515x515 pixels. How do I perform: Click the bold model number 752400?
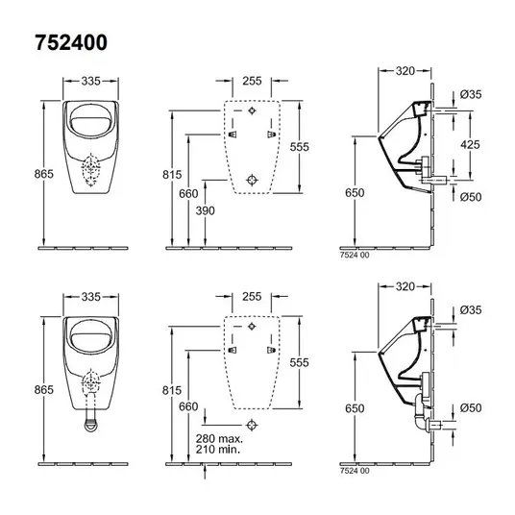point(71,42)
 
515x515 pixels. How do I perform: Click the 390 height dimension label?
point(206,210)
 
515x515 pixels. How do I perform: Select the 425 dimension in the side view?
point(470,144)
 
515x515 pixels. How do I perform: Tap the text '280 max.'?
point(219,438)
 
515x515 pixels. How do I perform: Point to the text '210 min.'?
point(218,449)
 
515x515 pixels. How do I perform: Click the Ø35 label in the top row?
point(471,94)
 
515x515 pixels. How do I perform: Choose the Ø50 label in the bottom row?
point(471,407)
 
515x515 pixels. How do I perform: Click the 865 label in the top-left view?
point(43,174)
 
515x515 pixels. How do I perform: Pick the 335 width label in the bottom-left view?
point(91,297)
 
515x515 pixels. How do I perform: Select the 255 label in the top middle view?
point(252,81)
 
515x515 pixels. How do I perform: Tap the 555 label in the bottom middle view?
point(299,362)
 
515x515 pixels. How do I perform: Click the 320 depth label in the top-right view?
point(405,70)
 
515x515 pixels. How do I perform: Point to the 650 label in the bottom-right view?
point(355,408)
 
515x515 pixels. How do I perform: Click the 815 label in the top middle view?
point(172,175)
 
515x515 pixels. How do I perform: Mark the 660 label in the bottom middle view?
point(188,406)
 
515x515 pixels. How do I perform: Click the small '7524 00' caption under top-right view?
point(355,255)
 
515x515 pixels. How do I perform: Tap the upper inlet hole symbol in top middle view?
point(252,110)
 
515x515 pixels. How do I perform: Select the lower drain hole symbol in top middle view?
point(252,180)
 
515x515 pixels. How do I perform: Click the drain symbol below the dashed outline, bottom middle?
point(252,425)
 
